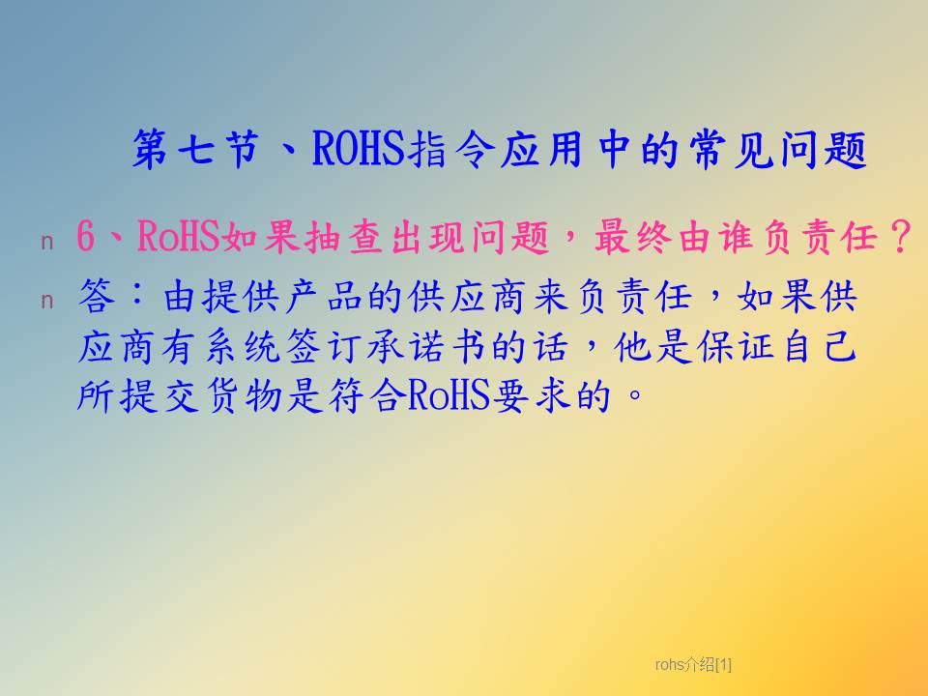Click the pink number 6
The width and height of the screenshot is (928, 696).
(86, 236)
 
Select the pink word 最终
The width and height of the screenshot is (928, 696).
(633, 236)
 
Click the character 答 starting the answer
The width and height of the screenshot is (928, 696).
(97, 296)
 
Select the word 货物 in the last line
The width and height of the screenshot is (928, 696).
(244, 396)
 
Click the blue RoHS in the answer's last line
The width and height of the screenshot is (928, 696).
(449, 396)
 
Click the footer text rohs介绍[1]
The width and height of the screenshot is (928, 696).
(693, 665)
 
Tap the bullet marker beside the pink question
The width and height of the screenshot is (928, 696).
(47, 243)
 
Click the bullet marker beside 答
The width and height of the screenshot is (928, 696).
(47, 302)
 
